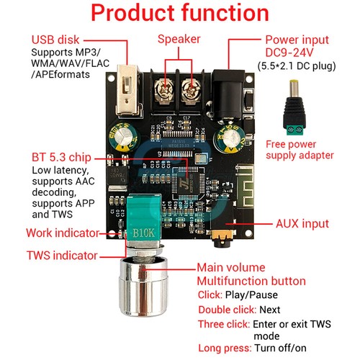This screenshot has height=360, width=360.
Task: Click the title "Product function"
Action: (180, 14)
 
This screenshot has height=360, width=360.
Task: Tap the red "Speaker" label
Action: (178, 39)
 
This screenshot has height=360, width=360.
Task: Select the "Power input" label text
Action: (297, 40)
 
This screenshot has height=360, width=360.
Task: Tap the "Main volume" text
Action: (233, 268)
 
